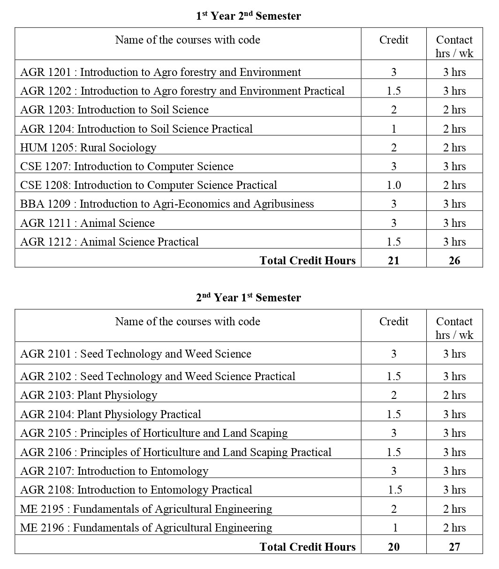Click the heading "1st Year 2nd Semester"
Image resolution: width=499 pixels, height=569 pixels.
[x=248, y=16]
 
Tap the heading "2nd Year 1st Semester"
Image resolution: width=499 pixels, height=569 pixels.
[x=248, y=298]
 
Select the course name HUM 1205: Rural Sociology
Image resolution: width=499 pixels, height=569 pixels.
[x=88, y=148]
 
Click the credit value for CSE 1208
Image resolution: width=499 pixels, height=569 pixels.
[x=393, y=185]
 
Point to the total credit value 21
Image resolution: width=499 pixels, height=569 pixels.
[x=393, y=261]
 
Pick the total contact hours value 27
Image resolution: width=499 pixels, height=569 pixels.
[x=454, y=547]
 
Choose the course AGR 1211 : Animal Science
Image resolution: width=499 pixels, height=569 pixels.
[x=87, y=223]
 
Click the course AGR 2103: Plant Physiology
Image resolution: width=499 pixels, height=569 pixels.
[x=89, y=395]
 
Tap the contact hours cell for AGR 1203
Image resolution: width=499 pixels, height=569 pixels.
[x=454, y=110]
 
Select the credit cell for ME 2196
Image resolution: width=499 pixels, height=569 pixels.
[x=394, y=528]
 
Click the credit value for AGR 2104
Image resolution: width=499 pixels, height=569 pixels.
[x=393, y=414]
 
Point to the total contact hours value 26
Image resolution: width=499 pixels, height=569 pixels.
[x=454, y=261]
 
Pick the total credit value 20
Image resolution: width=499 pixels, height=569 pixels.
[x=393, y=547]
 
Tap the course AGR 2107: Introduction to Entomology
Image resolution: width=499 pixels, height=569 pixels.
[x=114, y=471]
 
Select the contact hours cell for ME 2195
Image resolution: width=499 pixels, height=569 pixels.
[x=454, y=509]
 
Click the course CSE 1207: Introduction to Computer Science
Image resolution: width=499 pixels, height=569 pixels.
[x=127, y=166]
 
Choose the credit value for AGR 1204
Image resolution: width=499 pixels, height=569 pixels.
[x=393, y=129]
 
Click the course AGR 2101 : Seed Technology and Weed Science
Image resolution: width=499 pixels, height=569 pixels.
[x=136, y=354]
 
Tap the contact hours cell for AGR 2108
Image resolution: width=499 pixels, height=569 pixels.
[x=454, y=490]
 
